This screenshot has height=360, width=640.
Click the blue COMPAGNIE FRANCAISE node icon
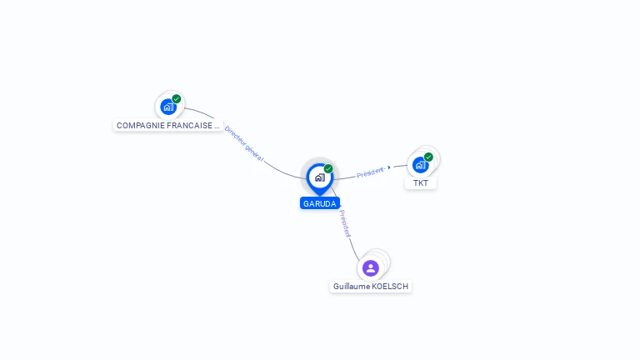168,107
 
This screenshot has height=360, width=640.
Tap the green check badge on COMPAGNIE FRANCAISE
177,99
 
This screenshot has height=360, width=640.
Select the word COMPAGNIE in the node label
140,126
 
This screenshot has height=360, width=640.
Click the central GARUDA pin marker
320,177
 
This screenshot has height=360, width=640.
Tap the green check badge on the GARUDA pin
328,169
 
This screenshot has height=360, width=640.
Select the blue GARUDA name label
320,203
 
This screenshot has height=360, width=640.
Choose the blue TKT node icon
420,164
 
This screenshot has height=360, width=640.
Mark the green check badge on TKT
428,157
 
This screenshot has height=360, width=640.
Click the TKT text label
421,183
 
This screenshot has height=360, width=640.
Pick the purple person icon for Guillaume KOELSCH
371,267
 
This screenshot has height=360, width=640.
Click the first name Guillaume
351,287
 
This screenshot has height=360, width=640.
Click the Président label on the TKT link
370,172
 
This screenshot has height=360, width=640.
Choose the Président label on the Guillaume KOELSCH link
345,223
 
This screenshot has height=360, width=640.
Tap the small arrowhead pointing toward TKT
389,167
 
